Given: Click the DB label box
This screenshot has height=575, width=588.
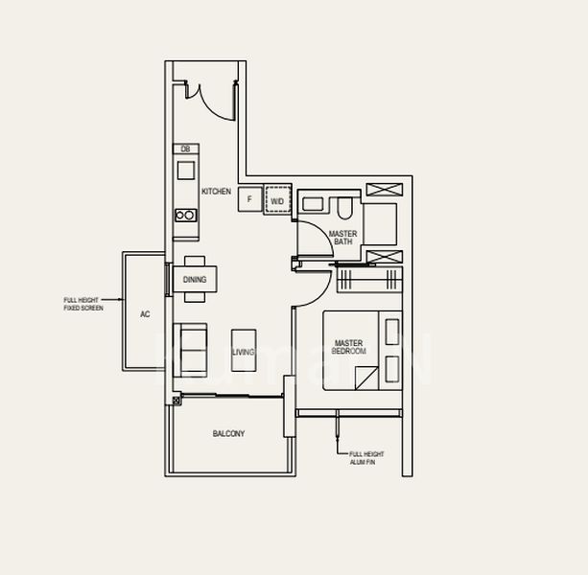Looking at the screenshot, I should [x=185, y=149].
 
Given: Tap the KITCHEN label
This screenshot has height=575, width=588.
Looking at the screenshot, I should [x=216, y=192].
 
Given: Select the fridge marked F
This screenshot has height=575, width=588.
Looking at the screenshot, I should [x=249, y=199].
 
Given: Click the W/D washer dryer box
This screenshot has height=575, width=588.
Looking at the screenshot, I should [x=277, y=200].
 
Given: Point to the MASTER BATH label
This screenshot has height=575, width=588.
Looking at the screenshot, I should [x=342, y=238].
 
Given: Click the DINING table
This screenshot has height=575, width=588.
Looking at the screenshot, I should [x=195, y=280].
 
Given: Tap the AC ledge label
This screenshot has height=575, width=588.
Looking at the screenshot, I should [x=145, y=314].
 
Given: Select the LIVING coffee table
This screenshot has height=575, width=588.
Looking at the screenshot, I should [x=244, y=351].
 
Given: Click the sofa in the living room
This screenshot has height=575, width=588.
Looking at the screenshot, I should [x=188, y=350].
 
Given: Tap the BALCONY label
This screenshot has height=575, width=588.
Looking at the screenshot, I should [x=228, y=434].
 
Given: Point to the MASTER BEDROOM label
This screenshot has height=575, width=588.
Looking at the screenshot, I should [x=348, y=347].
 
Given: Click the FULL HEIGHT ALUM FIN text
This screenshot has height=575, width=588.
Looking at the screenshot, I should [x=362, y=458].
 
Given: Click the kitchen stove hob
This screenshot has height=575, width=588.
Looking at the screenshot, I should [x=185, y=217].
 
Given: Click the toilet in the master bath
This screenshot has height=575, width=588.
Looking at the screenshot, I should [x=344, y=207].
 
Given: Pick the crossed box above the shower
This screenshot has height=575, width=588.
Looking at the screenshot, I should [x=383, y=189].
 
